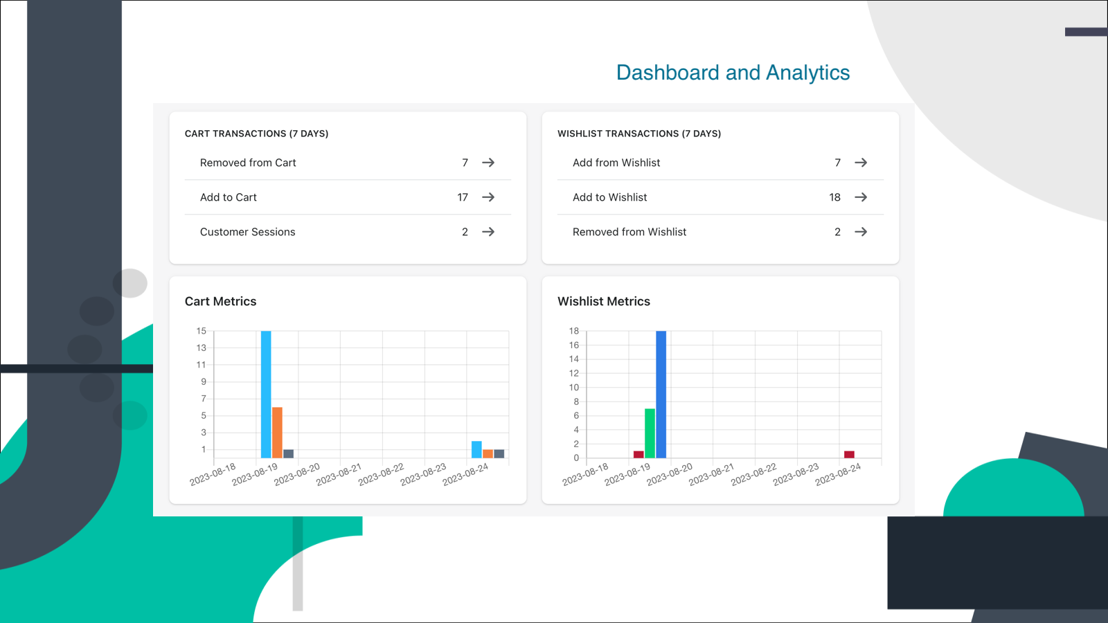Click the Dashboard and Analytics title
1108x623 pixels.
click(733, 73)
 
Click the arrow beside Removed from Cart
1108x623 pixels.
click(488, 163)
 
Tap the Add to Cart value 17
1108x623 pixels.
click(463, 197)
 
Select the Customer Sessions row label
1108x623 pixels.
click(247, 232)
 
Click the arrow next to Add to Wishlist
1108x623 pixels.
click(861, 197)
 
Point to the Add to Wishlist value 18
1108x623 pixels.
click(834, 197)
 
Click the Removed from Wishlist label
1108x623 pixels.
click(629, 232)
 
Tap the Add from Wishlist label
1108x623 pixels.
click(616, 163)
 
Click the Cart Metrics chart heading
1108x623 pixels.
click(220, 301)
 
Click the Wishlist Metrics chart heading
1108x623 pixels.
click(603, 301)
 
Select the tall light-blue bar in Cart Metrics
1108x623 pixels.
click(266, 394)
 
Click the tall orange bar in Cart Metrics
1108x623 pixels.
click(277, 432)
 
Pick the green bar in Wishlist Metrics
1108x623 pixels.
click(650, 433)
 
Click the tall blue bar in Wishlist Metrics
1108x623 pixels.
click(661, 394)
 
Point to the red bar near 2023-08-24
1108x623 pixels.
click(849, 454)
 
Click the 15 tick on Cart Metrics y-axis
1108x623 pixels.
click(201, 331)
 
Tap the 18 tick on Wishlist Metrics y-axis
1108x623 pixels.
click(573, 331)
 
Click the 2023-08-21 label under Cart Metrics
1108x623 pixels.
click(339, 474)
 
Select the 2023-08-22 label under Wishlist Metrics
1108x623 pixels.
click(753, 474)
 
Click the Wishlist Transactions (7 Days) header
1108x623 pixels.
click(638, 134)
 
